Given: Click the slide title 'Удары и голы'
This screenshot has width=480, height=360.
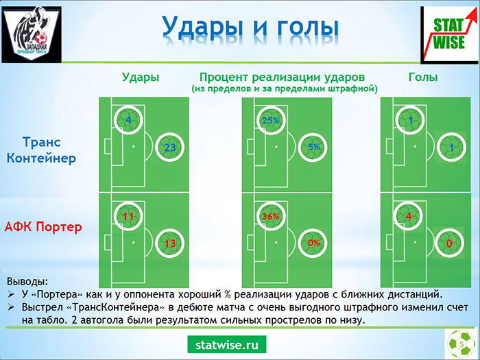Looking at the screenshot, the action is (250, 27).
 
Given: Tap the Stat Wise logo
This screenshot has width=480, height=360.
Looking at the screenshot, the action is (450, 35).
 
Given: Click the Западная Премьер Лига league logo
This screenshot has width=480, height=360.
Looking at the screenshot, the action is (32, 34).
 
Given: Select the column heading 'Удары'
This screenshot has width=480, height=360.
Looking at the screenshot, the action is (141, 77).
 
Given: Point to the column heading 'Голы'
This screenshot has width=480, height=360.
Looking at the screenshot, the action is (423, 77).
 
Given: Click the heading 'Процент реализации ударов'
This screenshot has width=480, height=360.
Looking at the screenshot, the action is (282, 77).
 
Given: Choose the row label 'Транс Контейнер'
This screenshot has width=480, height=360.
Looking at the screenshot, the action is (41, 150).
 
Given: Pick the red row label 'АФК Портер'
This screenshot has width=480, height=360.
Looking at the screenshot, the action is (43, 227).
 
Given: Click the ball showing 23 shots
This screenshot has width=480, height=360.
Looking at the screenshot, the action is (169, 147).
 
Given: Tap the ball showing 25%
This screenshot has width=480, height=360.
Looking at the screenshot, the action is (271, 120).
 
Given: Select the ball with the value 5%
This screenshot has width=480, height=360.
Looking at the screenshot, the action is (313, 147).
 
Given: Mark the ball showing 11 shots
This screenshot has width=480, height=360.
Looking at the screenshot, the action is (128, 216).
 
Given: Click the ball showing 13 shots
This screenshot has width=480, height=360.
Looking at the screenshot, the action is (169, 243).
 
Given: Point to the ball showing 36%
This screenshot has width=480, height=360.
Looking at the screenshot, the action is (271, 216).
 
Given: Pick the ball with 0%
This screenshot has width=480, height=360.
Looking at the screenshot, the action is (313, 243).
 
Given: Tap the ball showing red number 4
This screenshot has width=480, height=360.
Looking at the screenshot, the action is (408, 216).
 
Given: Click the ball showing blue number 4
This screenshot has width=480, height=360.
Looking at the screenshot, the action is (128, 120).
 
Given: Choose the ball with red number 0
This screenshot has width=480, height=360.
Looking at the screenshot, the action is (449, 243).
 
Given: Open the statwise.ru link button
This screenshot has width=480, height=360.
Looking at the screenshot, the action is (227, 345).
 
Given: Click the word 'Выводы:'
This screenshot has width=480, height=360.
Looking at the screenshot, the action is (27, 281).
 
